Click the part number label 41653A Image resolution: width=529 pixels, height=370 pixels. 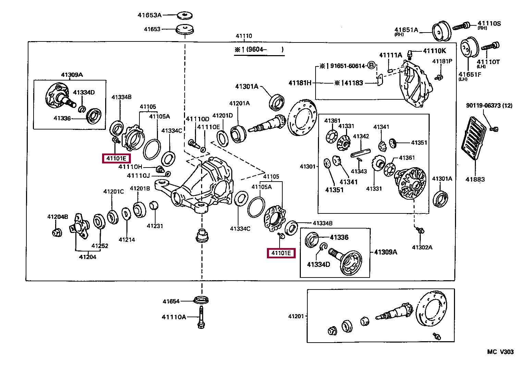click(x=149, y=15)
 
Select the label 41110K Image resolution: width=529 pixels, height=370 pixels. click(x=434, y=51)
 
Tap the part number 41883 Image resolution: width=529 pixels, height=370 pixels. click(x=475, y=180)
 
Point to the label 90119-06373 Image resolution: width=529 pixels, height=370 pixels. click(x=483, y=105)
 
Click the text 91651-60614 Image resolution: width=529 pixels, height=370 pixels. click(x=348, y=66)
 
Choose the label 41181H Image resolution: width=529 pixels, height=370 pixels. click(x=300, y=83)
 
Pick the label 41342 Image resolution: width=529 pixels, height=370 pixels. click(x=361, y=136)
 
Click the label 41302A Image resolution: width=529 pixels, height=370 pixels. click(x=422, y=247)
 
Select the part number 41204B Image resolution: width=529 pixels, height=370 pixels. click(x=58, y=217)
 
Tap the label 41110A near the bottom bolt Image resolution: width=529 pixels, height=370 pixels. click(x=174, y=317)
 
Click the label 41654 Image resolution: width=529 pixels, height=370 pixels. click(x=171, y=301)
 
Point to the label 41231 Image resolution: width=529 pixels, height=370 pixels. click(x=155, y=226)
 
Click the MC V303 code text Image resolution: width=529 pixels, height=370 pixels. click(x=501, y=352)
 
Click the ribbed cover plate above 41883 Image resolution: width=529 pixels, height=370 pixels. click(x=474, y=138)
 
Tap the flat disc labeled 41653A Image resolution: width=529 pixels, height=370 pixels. click(x=185, y=15)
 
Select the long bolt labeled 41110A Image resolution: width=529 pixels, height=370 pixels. click(x=201, y=317)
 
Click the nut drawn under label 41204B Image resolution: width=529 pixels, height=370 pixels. click(x=57, y=233)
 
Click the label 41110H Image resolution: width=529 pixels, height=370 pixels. click(x=130, y=167)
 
